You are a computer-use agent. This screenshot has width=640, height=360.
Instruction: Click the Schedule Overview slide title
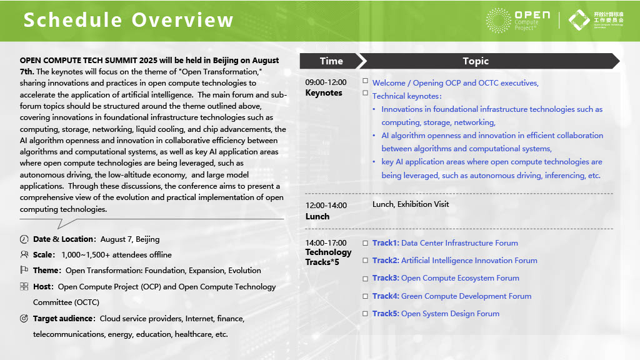[129, 20]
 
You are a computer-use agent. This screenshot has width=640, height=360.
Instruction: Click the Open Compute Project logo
[519, 20]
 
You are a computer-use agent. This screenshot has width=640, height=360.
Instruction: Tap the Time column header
[331, 61]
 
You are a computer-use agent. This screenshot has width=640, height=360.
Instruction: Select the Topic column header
[475, 61]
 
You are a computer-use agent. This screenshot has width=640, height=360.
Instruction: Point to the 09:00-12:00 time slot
[326, 82]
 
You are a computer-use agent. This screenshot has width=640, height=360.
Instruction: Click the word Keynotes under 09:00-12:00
[324, 93]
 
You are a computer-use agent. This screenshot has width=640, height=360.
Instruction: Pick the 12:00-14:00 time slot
[326, 206]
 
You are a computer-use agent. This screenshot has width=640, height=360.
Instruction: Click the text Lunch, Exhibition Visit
[411, 204]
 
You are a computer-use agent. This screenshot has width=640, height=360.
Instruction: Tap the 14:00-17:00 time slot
[326, 243]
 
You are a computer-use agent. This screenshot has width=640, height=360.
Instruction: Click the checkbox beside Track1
[366, 243]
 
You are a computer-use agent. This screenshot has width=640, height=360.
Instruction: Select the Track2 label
[386, 261]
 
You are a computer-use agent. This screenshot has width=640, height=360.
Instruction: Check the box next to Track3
[366, 278]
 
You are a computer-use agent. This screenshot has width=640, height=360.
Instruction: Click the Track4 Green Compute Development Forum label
[452, 296]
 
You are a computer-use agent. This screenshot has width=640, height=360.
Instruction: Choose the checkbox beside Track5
[366, 314]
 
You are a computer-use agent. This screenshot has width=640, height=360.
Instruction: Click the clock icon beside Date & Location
[24, 239]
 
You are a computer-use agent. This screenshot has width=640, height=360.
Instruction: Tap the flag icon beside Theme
[24, 271]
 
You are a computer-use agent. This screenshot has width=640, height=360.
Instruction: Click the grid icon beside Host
[24, 287]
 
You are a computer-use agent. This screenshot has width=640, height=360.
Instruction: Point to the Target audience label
[64, 319]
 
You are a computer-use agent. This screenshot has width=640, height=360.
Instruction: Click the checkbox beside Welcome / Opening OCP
[366, 81]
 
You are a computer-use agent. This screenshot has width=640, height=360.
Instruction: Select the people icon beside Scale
[24, 255]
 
